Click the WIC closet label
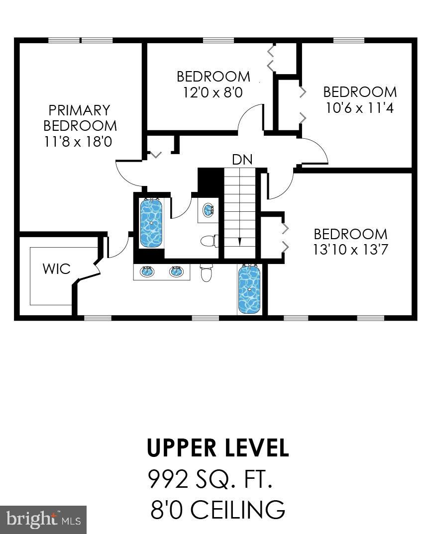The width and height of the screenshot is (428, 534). pyautogui.click(x=57, y=268)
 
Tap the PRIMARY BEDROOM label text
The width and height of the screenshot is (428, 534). pyautogui.click(x=80, y=118)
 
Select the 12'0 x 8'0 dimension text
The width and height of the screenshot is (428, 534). pyautogui.click(x=213, y=92)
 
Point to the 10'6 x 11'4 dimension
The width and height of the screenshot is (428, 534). pyautogui.click(x=360, y=108)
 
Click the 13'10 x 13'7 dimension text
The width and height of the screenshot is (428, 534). pyautogui.click(x=351, y=250)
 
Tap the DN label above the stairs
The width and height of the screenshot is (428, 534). pyautogui.click(x=242, y=160)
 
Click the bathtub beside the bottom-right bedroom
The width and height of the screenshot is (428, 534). pyautogui.click(x=249, y=289)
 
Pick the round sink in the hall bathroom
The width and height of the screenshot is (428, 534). pyautogui.click(x=208, y=209)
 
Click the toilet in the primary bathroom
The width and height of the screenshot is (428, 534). pyautogui.click(x=207, y=272)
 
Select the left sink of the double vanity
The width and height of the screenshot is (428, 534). pyautogui.click(x=147, y=271)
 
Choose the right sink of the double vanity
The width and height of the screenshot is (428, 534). pyautogui.click(x=177, y=271)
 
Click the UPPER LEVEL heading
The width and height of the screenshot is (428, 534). pyautogui.click(x=218, y=448)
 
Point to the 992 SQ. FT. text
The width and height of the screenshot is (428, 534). pyautogui.click(x=210, y=479)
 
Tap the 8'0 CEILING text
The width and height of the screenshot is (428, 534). pyautogui.click(x=217, y=510)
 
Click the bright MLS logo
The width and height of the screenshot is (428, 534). pyautogui.click(x=43, y=519)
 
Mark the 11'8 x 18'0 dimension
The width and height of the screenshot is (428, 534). pyautogui.click(x=78, y=141)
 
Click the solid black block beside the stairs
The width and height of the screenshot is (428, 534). pyautogui.click(x=211, y=180)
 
